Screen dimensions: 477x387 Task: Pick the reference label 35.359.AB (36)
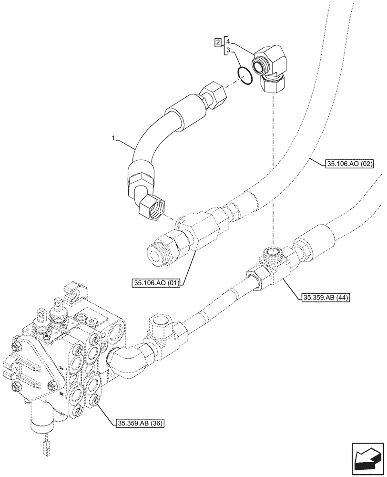140,423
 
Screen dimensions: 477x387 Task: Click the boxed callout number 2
218,42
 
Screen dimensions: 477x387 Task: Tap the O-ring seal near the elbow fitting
244,76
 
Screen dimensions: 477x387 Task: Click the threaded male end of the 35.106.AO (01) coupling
158,253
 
